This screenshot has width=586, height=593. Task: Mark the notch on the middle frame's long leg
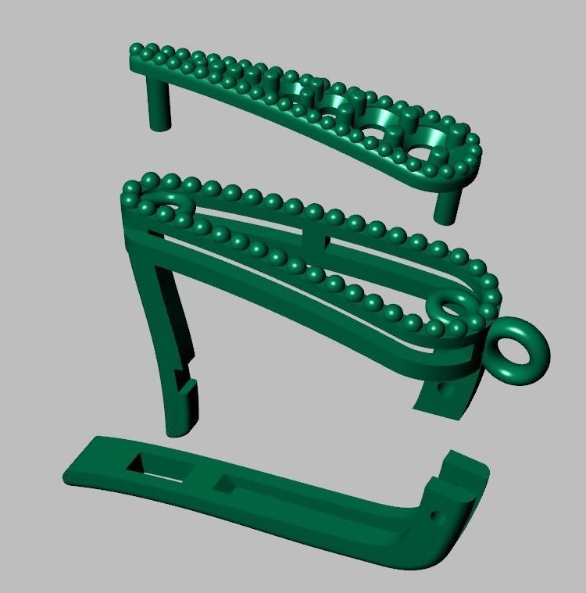[186, 377]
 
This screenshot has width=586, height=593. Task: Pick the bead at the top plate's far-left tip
[138, 49]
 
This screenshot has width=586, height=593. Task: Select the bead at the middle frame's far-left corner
[130, 188]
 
